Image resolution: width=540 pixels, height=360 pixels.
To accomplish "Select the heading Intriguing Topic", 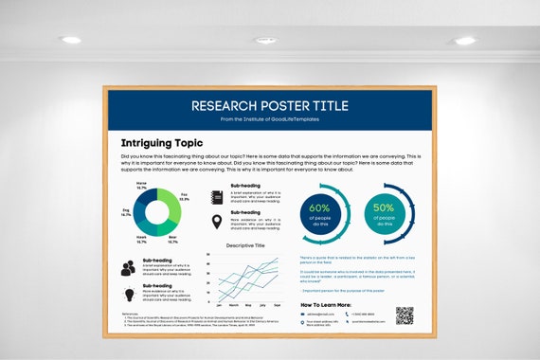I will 162,144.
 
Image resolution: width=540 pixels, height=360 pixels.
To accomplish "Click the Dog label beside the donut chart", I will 126,213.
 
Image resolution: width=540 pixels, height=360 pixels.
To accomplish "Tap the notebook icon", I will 217,197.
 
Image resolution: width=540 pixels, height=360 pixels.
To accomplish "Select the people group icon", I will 129,268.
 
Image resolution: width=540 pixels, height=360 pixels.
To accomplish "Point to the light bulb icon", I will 129,293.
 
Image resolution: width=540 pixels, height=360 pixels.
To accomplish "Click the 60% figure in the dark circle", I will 320,208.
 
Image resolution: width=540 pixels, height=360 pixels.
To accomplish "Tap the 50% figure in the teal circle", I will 384,208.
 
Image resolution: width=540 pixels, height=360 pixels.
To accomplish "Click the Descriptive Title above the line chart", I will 244,245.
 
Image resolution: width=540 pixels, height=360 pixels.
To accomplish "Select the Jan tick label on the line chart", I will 219,306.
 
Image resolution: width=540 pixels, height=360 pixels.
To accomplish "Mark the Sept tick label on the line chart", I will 278,306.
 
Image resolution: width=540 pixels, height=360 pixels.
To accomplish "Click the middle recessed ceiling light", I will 265,40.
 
